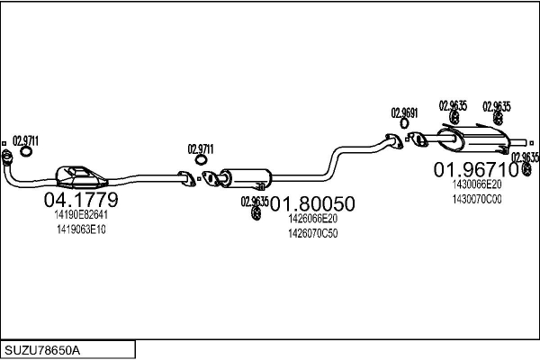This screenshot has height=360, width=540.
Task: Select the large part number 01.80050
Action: pos(312,203)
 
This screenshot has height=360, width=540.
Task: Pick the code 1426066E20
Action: pos(312,219)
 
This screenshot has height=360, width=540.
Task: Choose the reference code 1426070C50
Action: pos(312,233)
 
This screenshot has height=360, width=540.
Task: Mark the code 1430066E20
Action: pos(476,184)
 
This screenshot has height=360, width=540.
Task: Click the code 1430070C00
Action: pos(476,199)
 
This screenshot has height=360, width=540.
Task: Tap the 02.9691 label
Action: pos(404,112)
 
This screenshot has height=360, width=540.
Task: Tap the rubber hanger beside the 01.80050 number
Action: pos(256,213)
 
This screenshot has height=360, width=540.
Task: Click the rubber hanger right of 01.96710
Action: pos(526,168)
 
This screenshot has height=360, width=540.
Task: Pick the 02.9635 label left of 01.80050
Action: pos(255,201)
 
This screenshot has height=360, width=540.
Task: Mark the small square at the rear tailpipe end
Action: pos(531,140)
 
